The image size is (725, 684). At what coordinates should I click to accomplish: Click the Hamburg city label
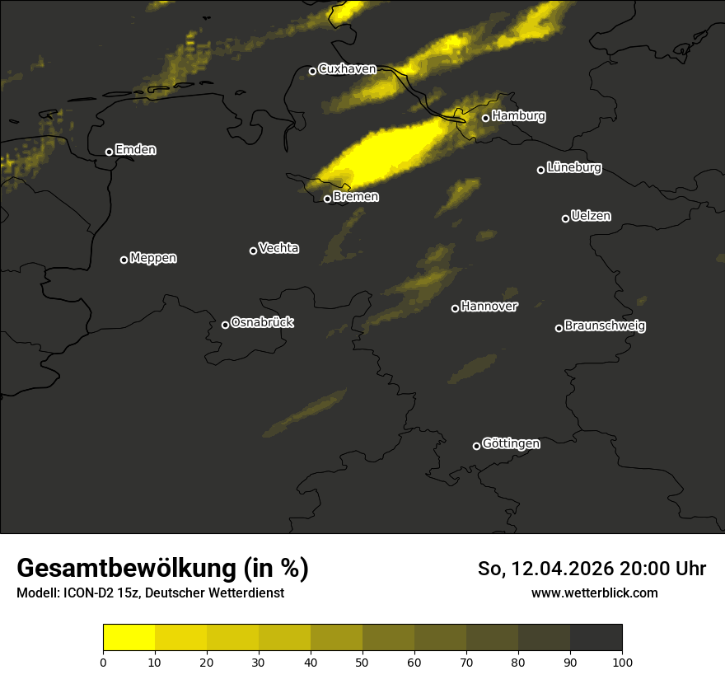coord(518,116)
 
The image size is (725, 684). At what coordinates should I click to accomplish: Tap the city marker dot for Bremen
coord(327,199)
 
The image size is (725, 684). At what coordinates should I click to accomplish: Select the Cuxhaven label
coord(347,69)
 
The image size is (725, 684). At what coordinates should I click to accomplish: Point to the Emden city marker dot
coord(109,152)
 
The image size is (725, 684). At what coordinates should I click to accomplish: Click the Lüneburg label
coord(573,168)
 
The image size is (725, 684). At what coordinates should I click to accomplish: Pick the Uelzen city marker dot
coord(565,218)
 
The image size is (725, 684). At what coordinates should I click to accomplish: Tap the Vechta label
coord(278,248)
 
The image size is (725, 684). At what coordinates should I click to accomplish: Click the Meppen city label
coord(153,258)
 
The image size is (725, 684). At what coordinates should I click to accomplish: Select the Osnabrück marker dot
coord(225,325)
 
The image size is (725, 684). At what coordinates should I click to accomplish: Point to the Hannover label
coord(489,307)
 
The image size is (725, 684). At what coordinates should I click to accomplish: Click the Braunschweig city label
coord(605,326)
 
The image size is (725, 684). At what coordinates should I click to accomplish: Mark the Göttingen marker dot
coord(476,446)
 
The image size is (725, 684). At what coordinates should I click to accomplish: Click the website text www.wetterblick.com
coord(595,593)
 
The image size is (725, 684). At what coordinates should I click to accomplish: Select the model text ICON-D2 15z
coord(101,593)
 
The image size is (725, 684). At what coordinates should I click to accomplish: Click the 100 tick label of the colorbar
coord(622,662)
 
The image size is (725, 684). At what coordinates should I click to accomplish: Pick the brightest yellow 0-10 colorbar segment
coord(129,638)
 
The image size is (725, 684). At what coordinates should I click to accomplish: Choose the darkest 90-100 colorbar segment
coord(596,638)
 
